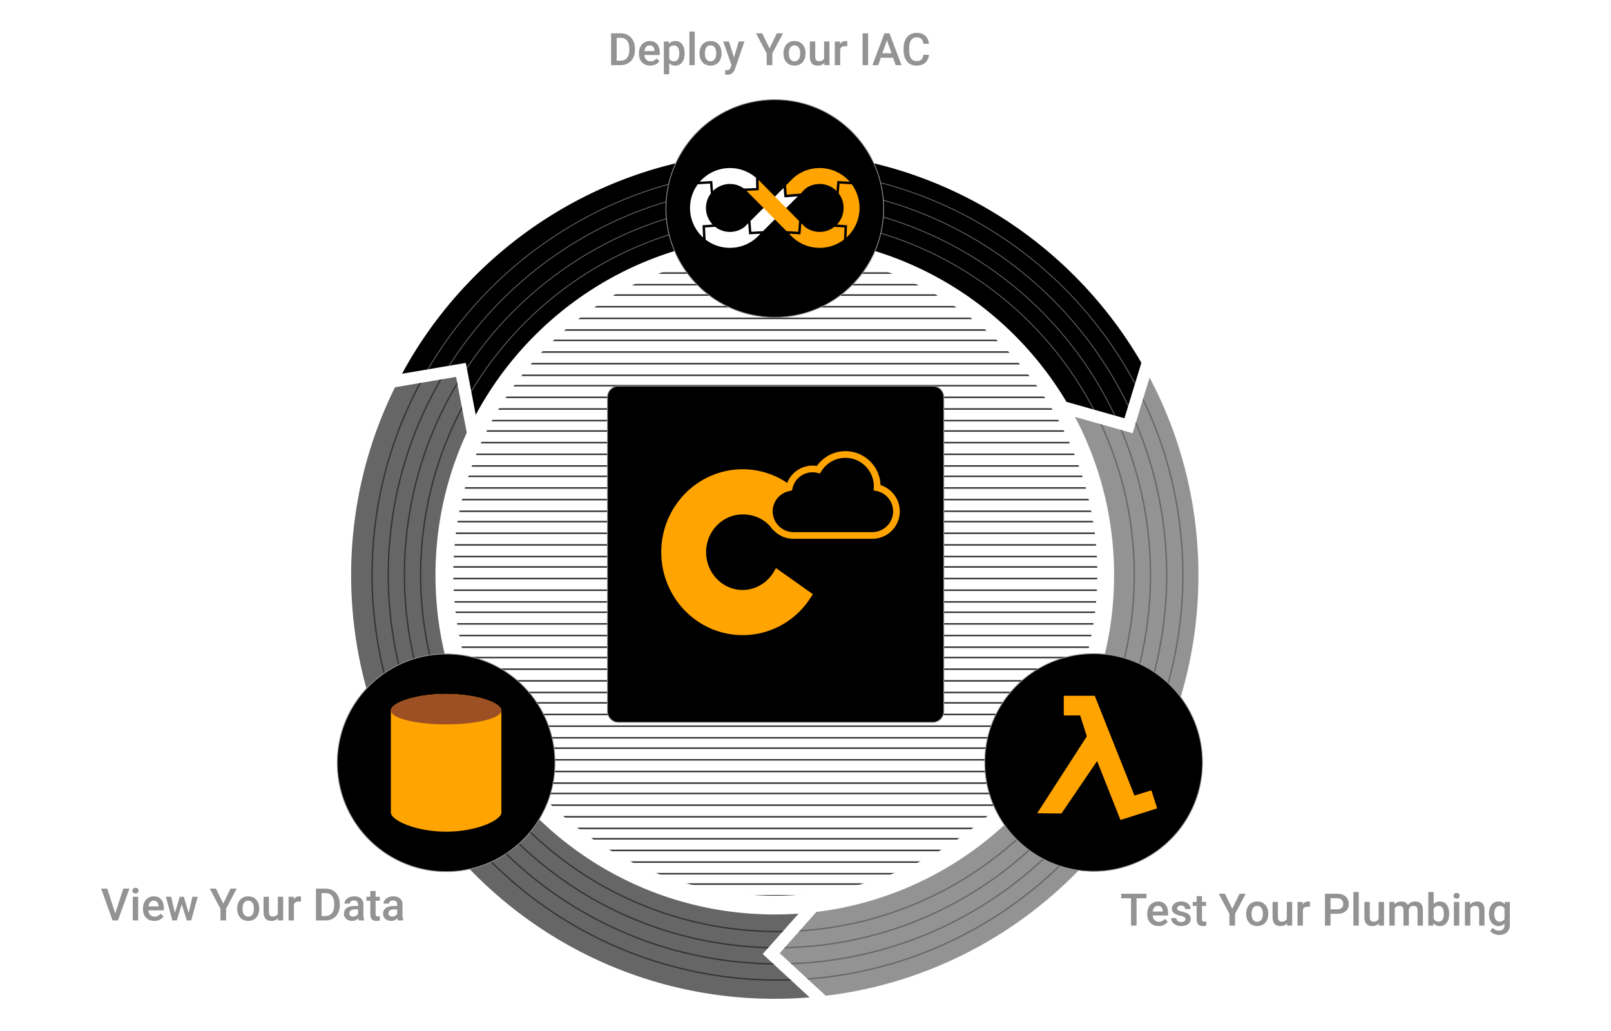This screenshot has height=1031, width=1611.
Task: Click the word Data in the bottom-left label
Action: (359, 905)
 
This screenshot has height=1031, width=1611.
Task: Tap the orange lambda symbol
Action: (1096, 757)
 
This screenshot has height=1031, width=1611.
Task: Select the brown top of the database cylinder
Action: (446, 709)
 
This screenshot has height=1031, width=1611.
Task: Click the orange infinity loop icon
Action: (775, 207)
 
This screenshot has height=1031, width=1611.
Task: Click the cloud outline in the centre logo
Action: (835, 496)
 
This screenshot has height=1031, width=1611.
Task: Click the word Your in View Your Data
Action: (256, 905)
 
